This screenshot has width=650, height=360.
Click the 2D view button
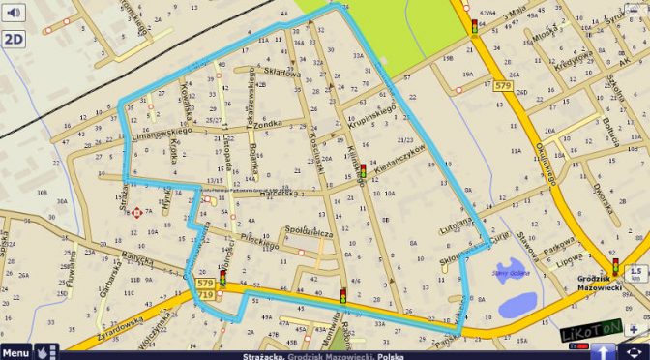(14, 40)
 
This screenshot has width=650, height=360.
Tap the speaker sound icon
(14, 13)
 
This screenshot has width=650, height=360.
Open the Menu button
(15, 353)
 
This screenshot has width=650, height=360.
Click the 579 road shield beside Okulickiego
(502, 86)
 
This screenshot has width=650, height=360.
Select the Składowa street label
(281, 73)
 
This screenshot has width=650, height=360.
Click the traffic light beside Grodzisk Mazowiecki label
(614, 264)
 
